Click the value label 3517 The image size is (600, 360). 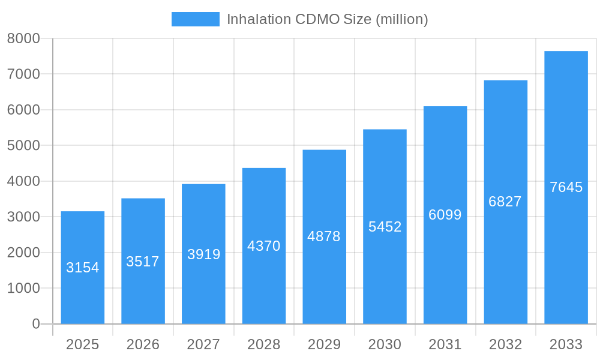pyautogui.click(x=143, y=262)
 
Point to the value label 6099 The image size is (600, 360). pyautogui.click(x=445, y=215)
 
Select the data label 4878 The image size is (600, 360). pyautogui.click(x=324, y=236)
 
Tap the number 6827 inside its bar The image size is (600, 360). pyautogui.click(x=505, y=202)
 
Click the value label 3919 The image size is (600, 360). pyautogui.click(x=203, y=254)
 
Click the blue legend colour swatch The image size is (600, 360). pyautogui.click(x=196, y=19)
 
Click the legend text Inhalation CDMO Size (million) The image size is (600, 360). pyautogui.click(x=327, y=19)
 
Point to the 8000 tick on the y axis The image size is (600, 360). pyautogui.click(x=23, y=38)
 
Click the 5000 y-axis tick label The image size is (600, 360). pyautogui.click(x=23, y=146)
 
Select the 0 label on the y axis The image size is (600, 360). pyautogui.click(x=36, y=324)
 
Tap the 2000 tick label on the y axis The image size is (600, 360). pyautogui.click(x=23, y=253)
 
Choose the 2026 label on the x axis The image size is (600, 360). pyautogui.click(x=143, y=344)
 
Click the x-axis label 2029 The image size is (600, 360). pyautogui.click(x=324, y=344)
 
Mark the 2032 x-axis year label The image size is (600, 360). pyautogui.click(x=505, y=344)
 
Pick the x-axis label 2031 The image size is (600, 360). pyautogui.click(x=445, y=344)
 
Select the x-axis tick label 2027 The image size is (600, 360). pyautogui.click(x=203, y=344)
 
